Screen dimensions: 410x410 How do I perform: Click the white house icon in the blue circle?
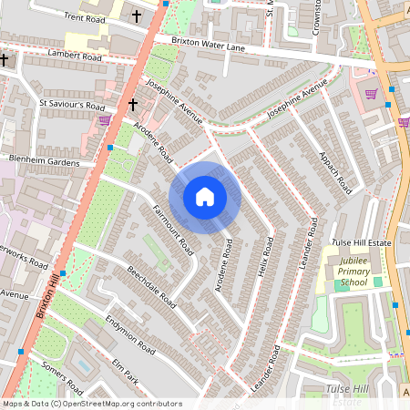[205, 197]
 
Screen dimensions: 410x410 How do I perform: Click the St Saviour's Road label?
[72, 105]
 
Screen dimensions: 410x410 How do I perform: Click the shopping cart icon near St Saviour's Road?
[105, 120]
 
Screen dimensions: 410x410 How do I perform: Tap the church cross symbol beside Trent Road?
[137, 16]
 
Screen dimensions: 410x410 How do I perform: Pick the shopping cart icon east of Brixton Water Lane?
[371, 94]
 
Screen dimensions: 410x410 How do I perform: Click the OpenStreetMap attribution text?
[91, 404]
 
